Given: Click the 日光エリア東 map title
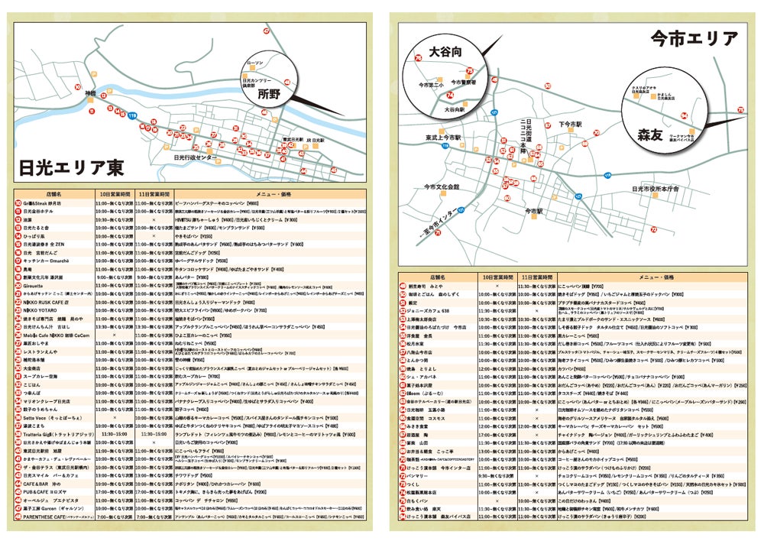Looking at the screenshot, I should point(70,167).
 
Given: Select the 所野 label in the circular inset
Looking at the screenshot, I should point(270,95).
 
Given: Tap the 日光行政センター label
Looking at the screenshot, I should point(196,157).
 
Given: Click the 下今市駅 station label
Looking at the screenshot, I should point(571,123).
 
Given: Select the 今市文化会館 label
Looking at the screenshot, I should point(442,186).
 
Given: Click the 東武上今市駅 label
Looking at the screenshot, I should point(443,138).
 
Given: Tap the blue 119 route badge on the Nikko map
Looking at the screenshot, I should point(112,115).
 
